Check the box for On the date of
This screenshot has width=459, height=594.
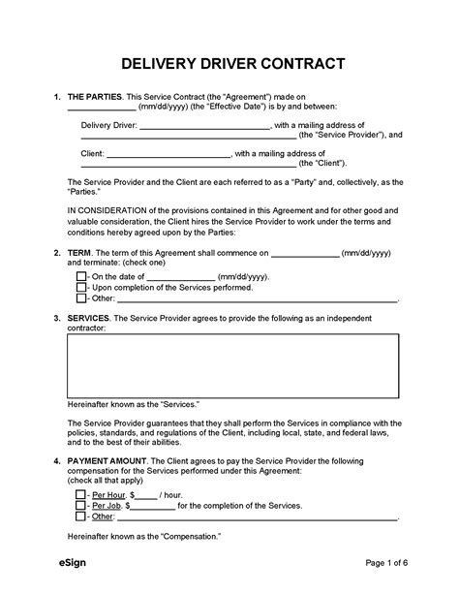(x=80, y=276)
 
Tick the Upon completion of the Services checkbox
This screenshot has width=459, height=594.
(x=80, y=288)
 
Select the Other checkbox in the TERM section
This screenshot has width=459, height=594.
(x=80, y=299)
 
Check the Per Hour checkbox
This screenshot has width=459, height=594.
(x=80, y=493)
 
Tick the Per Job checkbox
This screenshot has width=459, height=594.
(x=80, y=505)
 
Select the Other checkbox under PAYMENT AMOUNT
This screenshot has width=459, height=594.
(x=80, y=516)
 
